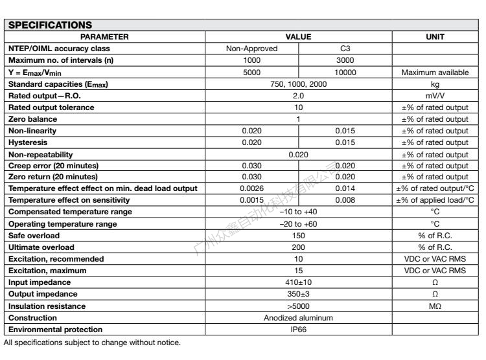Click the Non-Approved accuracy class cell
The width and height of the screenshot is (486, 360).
click(251, 49)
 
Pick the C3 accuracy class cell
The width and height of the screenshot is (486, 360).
click(345, 49)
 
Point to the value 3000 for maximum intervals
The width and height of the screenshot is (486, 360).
click(345, 60)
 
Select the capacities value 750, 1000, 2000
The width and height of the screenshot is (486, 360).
click(299, 84)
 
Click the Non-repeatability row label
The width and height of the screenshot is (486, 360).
click(40, 154)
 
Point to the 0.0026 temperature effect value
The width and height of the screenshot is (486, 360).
click(251, 189)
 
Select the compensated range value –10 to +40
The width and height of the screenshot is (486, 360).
click(299, 212)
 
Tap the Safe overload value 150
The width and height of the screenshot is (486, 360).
click(299, 236)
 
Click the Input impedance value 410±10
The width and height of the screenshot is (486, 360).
click(299, 283)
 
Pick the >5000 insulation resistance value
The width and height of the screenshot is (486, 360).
click(299, 306)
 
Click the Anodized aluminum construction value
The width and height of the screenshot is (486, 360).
click(299, 317)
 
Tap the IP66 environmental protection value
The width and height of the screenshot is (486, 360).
click(299, 328)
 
